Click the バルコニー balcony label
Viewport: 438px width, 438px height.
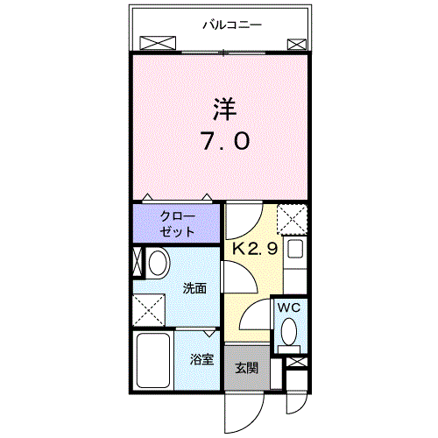coord(232,25)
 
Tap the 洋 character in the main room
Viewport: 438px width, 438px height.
coord(225,109)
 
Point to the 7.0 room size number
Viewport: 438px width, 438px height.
coord(226,140)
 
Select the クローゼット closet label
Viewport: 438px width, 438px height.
coord(177,224)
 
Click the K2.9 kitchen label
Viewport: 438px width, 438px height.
coord(255,249)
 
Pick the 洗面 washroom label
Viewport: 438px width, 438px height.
coord(194,288)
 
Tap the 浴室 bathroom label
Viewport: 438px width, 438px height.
coord(201,359)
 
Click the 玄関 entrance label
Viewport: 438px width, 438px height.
coord(247,368)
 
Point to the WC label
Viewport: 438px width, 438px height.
coord(289,307)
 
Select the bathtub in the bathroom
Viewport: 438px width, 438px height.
coord(153,360)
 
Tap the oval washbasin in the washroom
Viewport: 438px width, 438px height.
coord(158,263)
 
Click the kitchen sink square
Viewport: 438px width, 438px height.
coord(295,249)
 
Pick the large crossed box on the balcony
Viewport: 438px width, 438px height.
coord(158,43)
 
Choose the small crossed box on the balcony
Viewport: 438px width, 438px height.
coord(297,45)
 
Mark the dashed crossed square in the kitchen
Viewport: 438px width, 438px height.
coord(292,220)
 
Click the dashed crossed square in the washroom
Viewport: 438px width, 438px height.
coord(149,310)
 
